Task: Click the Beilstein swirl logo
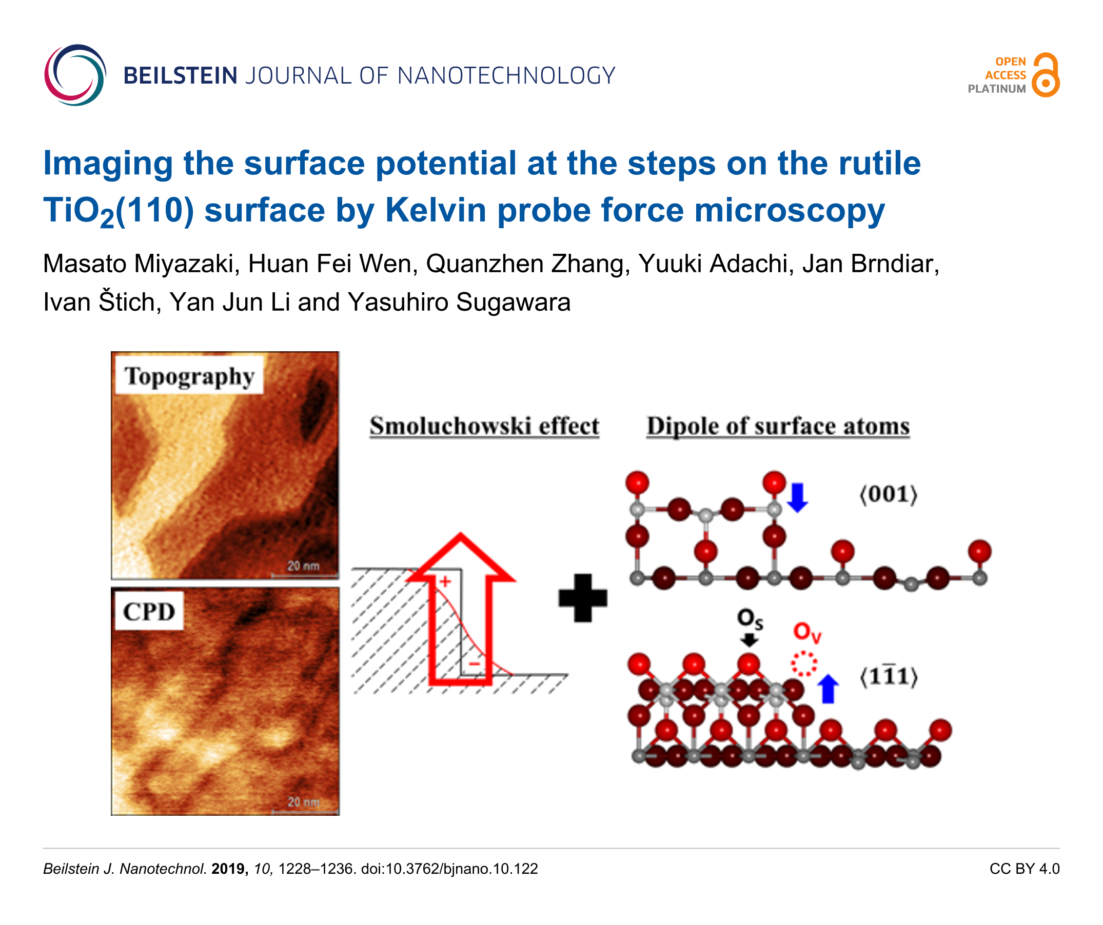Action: (x=74, y=75)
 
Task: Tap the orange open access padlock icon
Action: (x=1045, y=74)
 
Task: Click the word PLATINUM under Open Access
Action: (x=996, y=89)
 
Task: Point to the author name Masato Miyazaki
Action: (x=138, y=264)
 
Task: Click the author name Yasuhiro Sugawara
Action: (x=459, y=302)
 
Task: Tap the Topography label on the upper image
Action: (x=190, y=376)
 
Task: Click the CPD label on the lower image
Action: (x=149, y=612)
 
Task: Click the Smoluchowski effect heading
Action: (x=484, y=426)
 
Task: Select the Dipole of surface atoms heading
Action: (x=778, y=426)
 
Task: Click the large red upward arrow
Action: (x=461, y=609)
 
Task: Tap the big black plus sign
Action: (x=583, y=598)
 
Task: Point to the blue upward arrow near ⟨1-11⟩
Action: (x=828, y=689)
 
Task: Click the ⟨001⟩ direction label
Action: (x=888, y=494)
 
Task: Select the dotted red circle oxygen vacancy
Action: (x=804, y=664)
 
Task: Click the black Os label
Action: (x=750, y=619)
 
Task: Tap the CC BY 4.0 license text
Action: (x=1024, y=869)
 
